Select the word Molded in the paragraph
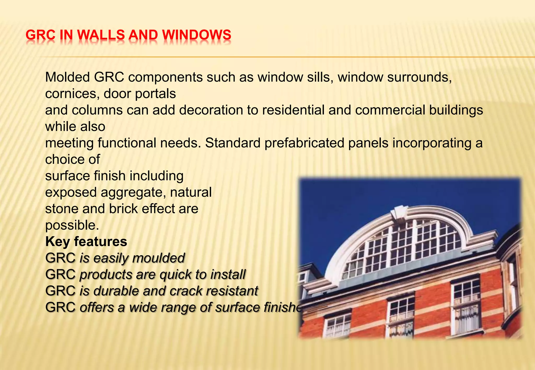[67, 77]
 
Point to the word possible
[72, 225]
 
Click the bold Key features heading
[86, 242]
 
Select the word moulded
[159, 258]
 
